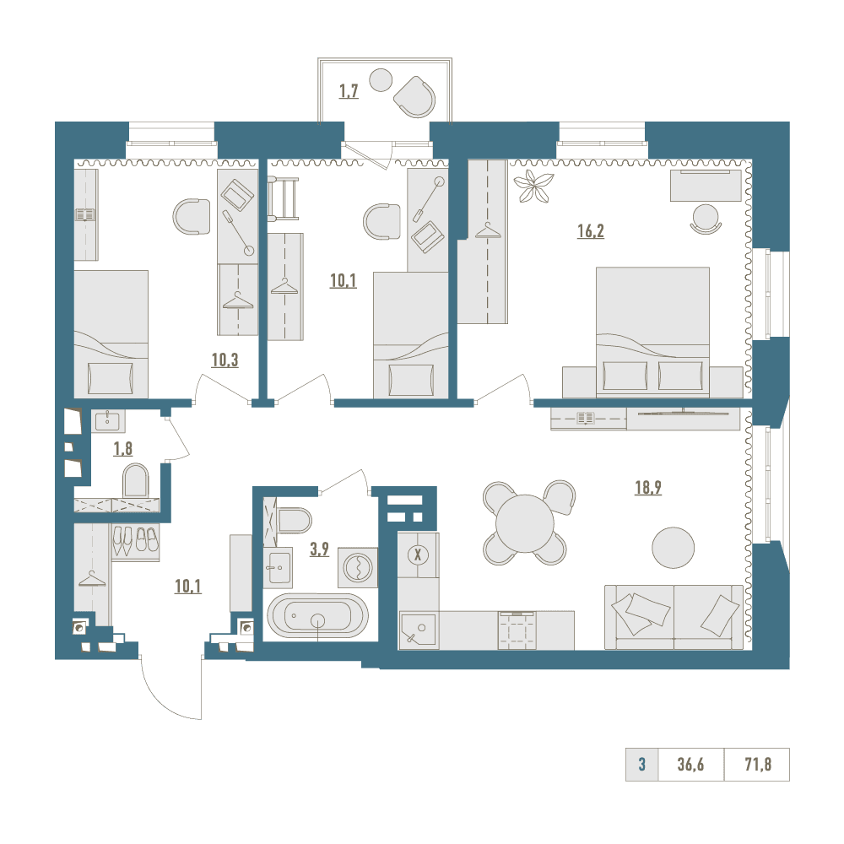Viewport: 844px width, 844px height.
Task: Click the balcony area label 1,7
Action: coord(349,91)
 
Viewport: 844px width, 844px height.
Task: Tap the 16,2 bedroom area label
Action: coord(591,231)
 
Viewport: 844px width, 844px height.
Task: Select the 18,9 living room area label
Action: coord(648,488)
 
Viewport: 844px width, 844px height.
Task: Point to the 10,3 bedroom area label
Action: coord(225,360)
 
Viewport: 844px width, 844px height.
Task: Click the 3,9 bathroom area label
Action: coord(319,549)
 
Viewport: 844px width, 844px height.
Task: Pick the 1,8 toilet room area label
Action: coord(122,448)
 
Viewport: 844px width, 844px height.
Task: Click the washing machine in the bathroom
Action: coord(358,567)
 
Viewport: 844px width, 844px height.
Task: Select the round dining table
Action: coord(525,524)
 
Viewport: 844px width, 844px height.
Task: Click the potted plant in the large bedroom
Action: coord(533,187)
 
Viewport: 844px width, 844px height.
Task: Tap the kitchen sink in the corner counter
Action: coord(419,630)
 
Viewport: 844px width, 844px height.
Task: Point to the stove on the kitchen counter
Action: coord(517,630)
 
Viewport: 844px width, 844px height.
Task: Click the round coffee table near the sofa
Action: coord(673,548)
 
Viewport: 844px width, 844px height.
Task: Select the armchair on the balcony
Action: coord(414,97)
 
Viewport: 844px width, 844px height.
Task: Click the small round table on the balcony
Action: coord(381,81)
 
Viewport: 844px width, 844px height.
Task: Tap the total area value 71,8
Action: coord(758,765)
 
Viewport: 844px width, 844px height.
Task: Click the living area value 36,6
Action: coord(690,765)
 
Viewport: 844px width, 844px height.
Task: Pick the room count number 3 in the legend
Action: coord(641,765)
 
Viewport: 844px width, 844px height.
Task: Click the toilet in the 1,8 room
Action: coord(136,481)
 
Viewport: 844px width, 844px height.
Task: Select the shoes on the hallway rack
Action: coord(135,540)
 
